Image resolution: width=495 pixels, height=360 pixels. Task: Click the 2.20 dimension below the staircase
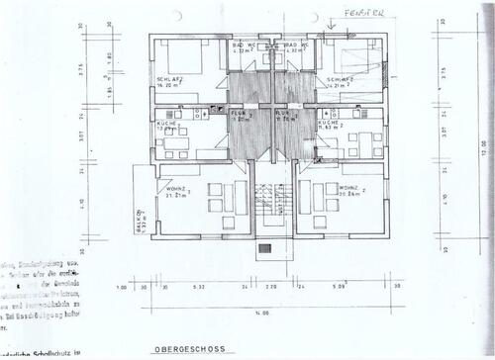[273, 288]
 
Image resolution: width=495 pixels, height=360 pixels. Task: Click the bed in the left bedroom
[185, 56]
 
